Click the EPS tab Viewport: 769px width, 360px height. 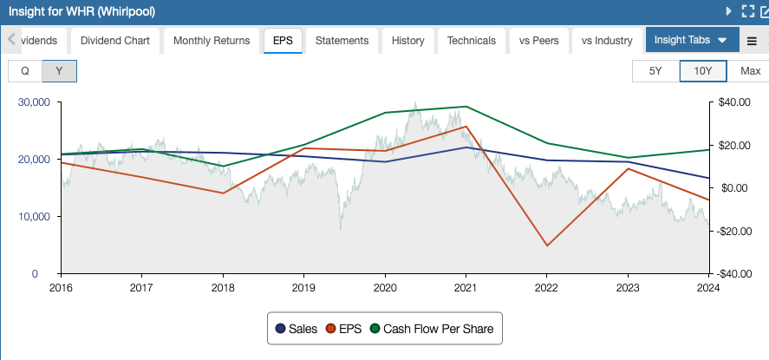282,40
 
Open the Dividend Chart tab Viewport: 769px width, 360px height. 115,40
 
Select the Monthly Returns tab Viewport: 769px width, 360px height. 212,40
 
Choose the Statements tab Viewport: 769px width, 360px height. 342,40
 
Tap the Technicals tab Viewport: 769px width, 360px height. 472,40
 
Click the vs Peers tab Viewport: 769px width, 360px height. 538,40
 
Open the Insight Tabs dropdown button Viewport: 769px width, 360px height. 691,40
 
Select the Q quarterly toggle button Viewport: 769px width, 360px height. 25,71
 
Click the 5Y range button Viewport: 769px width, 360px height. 655,71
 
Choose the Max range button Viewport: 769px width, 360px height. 749,71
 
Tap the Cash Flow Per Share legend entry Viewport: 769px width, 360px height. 431,329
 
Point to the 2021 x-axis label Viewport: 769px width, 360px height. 466,287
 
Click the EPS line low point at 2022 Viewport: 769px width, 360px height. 547,245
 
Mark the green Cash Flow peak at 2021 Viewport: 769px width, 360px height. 466,107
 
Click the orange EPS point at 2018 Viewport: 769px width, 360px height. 224,193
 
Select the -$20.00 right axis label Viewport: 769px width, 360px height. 733,231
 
